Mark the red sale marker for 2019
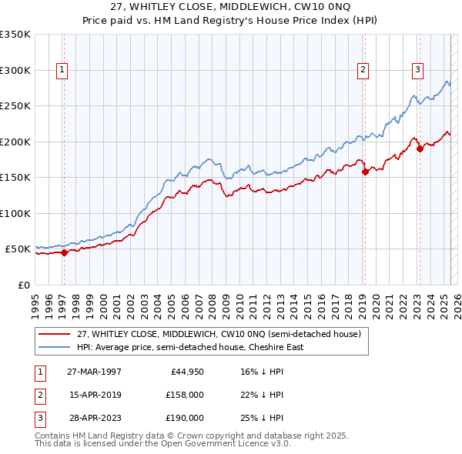(365, 172)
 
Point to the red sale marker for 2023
(420, 149)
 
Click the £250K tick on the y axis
(15, 106)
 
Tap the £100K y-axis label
(15, 213)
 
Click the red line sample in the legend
(55, 333)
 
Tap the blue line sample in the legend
(55, 347)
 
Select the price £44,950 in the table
(186, 372)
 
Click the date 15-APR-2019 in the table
(94, 395)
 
